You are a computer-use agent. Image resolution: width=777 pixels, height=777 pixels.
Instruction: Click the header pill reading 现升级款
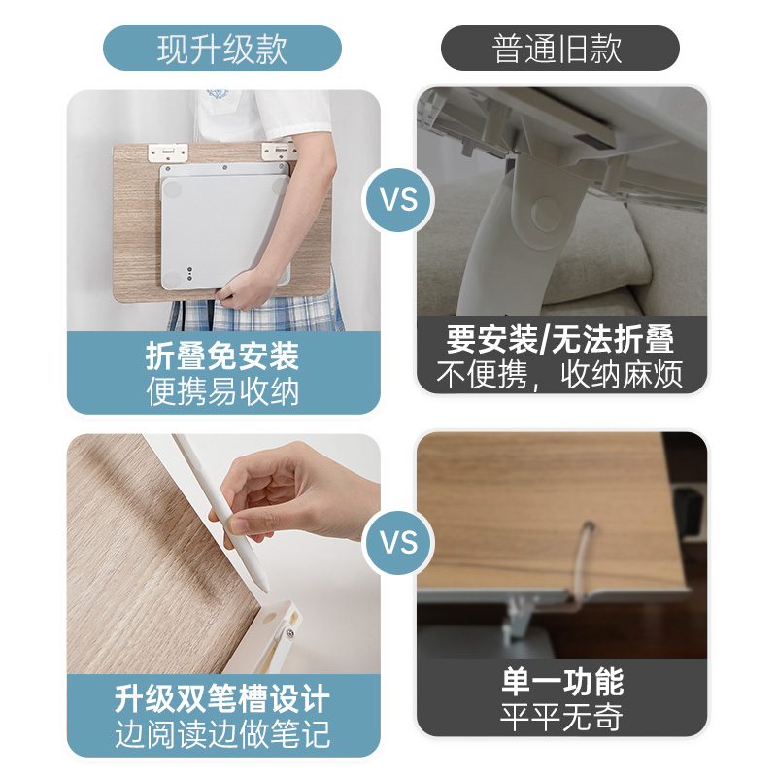point(222,48)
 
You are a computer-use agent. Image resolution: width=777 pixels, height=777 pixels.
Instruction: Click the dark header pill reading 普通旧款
point(560,48)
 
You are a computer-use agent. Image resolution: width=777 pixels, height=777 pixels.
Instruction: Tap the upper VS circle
point(398,200)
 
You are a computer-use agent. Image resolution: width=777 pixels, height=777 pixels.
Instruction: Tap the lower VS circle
point(398,543)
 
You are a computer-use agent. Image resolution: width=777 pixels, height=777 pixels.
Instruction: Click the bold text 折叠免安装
point(222,355)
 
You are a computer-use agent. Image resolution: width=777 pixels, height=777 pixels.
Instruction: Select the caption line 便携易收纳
point(222,392)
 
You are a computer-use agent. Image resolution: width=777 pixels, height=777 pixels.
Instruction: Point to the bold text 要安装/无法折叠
point(560,339)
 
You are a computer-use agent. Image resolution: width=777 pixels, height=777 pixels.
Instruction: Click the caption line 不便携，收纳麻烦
point(560,375)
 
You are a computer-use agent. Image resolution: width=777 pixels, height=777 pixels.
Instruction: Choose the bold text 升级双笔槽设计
point(222,698)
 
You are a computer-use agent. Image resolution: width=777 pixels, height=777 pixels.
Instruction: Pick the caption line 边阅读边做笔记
point(222,734)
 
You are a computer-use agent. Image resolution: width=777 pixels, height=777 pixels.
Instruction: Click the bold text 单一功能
point(562,682)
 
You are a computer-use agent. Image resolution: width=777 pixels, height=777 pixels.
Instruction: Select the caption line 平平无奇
point(562,717)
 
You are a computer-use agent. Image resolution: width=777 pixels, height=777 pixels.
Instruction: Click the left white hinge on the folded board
point(168,152)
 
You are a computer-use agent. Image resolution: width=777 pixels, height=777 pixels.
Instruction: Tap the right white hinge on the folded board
point(280,151)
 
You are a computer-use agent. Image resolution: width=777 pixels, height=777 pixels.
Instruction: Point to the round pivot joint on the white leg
point(546,213)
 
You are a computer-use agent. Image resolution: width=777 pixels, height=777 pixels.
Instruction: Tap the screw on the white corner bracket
point(288,632)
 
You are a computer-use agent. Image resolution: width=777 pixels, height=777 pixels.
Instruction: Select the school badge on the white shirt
point(218,93)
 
